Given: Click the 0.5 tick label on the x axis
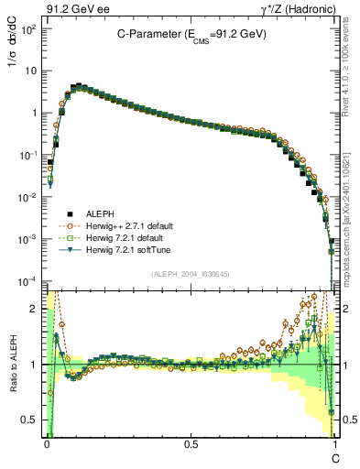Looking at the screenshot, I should pyautogui.click(x=190, y=442).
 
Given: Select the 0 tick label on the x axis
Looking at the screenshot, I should pyautogui.click(x=46, y=442).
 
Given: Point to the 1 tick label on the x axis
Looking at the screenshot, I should pyautogui.click(x=334, y=442).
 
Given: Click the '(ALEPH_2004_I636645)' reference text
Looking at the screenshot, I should pyautogui.click(x=190, y=274).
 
